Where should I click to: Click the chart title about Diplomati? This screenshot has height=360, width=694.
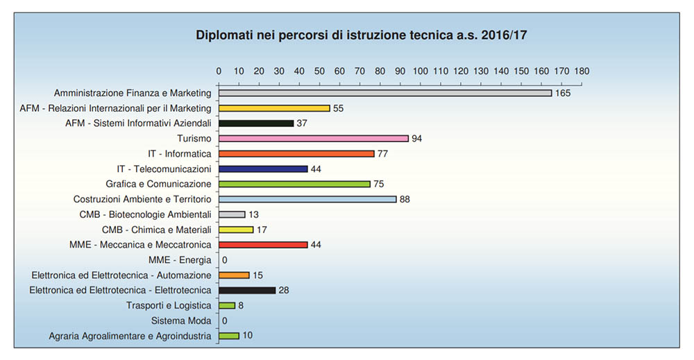point(361,35)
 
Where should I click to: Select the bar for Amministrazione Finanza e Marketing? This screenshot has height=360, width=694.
point(385,93)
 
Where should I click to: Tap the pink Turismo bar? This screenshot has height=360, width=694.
point(314,139)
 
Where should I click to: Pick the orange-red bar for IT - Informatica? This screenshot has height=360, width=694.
point(296,154)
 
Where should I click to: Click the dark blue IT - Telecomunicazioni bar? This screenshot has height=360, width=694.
point(263,169)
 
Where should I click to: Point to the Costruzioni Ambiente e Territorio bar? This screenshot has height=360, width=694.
point(307,200)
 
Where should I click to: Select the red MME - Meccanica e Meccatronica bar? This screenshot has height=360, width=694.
point(263,245)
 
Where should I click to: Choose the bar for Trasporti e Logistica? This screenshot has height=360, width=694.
point(227,306)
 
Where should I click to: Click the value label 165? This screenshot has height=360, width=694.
point(562,93)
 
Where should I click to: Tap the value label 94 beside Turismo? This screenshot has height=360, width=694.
point(416,139)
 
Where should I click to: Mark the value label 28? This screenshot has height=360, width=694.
point(283,291)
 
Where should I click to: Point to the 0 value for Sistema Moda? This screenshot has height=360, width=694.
point(225,321)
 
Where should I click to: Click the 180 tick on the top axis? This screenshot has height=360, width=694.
point(582,71)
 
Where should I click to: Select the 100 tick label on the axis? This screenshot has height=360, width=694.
point(421,71)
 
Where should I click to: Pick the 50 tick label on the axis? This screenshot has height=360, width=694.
point(320,71)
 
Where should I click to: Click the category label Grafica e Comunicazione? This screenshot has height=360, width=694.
point(158,185)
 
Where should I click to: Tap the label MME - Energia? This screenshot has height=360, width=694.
point(180,260)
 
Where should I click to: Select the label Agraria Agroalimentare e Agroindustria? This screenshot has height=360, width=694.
point(130,336)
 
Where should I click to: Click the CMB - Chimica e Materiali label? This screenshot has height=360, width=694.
point(156,230)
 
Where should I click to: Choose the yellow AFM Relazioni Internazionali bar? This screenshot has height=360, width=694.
point(274,108)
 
